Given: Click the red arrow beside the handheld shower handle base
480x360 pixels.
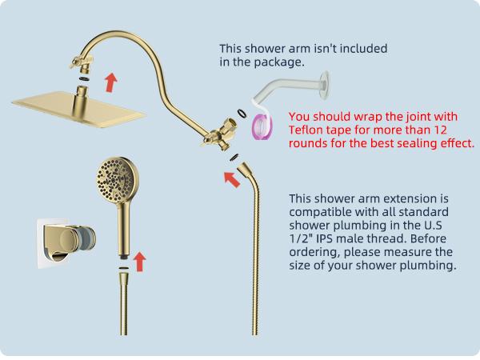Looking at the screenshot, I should pyautogui.click(x=141, y=261).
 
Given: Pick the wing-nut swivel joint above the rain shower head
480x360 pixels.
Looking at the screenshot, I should pyautogui.click(x=81, y=61).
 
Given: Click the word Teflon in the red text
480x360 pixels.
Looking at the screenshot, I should pyautogui.click(x=307, y=130).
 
